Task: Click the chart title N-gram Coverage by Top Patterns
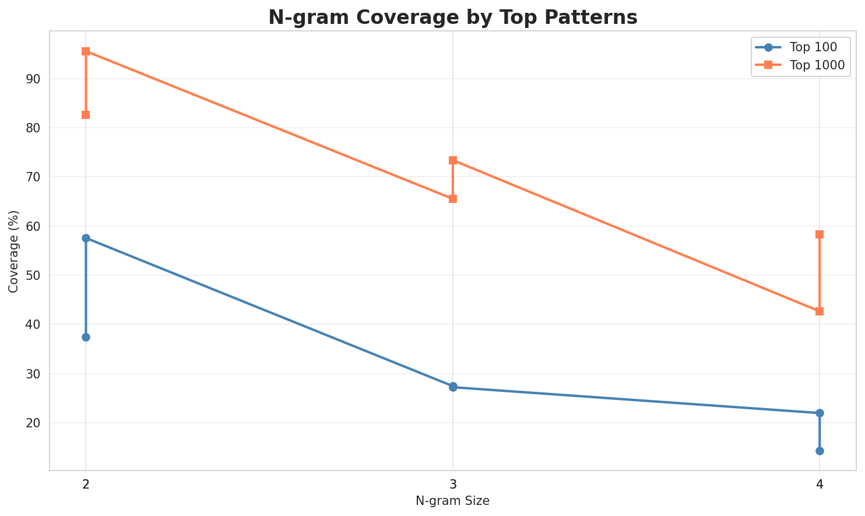pos(452,17)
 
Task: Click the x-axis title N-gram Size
pos(452,501)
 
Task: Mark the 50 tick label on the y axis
pos(34,275)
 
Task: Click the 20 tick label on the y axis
pos(34,423)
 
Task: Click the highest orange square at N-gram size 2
pos(86,51)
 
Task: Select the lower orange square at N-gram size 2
pos(86,115)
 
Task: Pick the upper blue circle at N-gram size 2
pos(86,238)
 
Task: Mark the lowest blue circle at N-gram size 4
pos(820,451)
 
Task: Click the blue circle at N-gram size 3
pos(453,387)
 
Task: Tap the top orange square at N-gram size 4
pos(820,234)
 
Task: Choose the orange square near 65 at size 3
pos(453,199)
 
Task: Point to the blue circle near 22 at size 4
pos(820,413)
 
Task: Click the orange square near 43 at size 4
pos(820,311)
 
